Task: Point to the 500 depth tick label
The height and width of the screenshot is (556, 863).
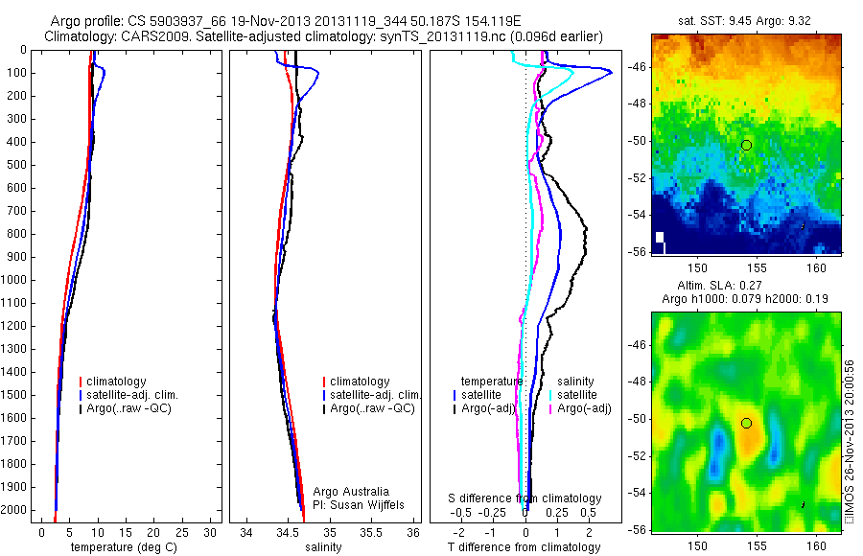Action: coord(15,165)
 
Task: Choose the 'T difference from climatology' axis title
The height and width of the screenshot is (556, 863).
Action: coord(524,547)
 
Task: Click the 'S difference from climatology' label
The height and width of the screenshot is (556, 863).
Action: coord(525,498)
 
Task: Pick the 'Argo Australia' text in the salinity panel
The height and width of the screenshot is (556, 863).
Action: coord(351,491)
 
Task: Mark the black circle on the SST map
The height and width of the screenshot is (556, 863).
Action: coord(746,145)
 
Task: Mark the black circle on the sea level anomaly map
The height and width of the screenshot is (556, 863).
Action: coord(746,423)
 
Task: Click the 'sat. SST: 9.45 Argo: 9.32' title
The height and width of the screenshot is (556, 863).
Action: coord(746,19)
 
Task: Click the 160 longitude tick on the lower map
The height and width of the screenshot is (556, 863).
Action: coord(818,544)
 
